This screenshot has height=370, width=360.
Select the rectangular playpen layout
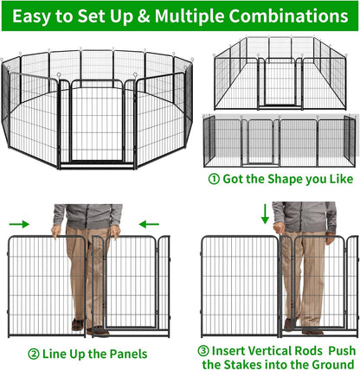click(282, 76)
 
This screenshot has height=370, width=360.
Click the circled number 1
click(214, 180)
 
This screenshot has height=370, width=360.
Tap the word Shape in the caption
click(280, 180)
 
